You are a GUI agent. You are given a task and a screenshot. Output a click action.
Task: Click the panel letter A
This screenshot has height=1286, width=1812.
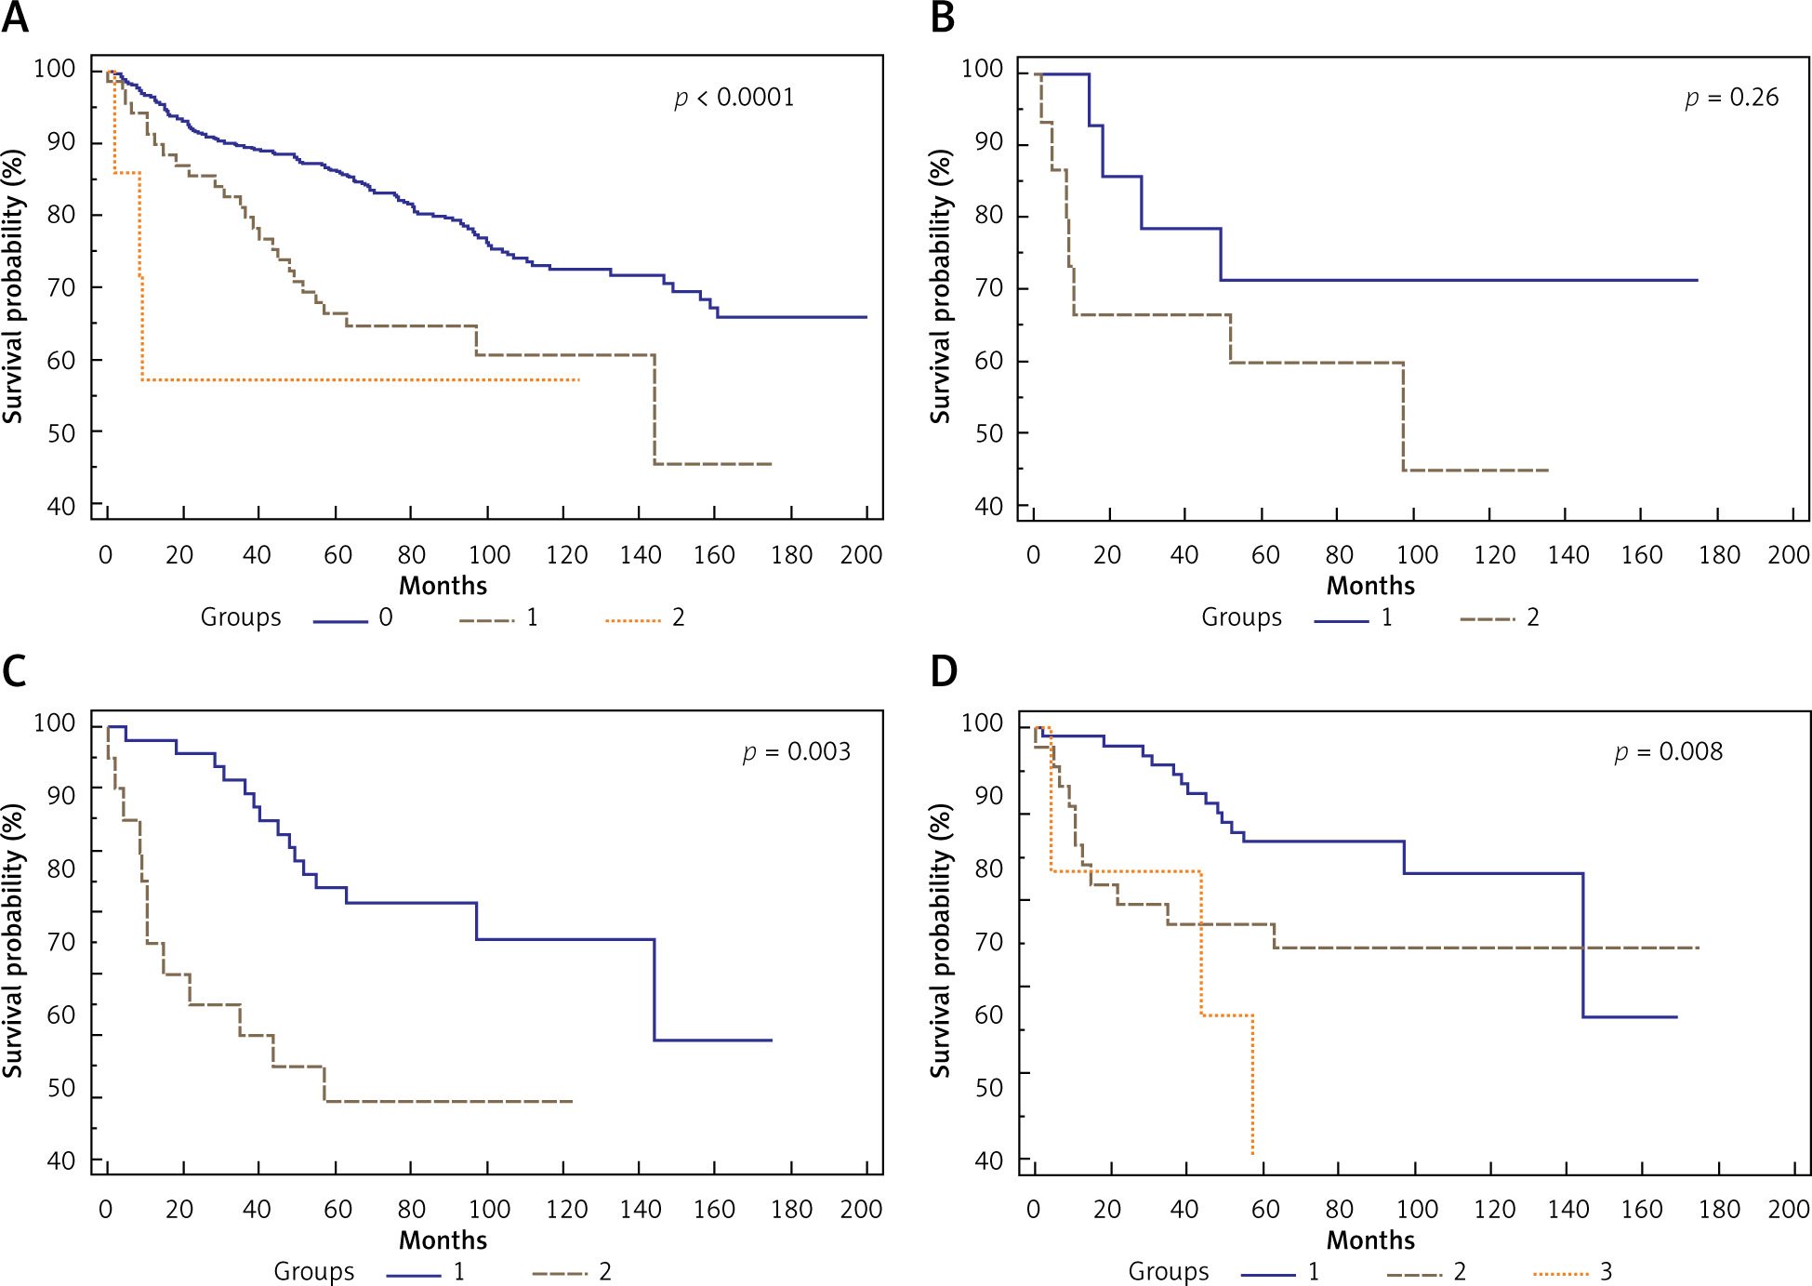(15, 18)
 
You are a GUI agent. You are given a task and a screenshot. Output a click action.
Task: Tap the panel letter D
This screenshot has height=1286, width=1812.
(944, 671)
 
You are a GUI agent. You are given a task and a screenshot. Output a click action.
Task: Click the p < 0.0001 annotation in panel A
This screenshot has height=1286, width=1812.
(734, 98)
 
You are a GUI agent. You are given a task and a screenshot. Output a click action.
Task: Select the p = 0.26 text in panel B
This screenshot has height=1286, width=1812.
(1732, 98)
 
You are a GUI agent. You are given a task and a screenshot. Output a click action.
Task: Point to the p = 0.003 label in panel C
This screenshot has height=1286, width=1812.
(797, 751)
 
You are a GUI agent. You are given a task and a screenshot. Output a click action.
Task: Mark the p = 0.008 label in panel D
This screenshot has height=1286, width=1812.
(1669, 751)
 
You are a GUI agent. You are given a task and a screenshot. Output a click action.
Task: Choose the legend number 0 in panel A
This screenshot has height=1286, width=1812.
(386, 617)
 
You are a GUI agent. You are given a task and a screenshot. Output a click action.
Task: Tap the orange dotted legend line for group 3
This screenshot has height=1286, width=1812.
(1561, 1274)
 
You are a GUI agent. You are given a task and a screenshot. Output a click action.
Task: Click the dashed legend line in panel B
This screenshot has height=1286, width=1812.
(1488, 619)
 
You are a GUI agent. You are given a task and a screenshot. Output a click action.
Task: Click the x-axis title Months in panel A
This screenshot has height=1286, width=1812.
(443, 586)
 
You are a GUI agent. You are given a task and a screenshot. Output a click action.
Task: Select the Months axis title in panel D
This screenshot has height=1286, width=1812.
(1370, 1240)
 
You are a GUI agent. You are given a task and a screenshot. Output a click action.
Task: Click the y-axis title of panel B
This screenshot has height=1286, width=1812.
(941, 286)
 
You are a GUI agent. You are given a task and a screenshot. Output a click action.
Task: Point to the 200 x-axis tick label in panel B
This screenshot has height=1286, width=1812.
(1788, 555)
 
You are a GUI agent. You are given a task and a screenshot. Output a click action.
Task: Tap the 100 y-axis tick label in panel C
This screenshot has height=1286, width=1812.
(54, 723)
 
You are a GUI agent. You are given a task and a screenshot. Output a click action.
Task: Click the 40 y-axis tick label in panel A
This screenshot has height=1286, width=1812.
(61, 507)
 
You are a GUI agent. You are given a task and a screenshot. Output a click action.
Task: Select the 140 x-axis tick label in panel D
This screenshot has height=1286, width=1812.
(1567, 1210)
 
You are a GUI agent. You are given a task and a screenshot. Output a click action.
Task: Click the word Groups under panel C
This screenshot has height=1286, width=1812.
(313, 1272)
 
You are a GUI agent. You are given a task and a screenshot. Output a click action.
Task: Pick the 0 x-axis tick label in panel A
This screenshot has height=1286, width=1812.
(105, 555)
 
